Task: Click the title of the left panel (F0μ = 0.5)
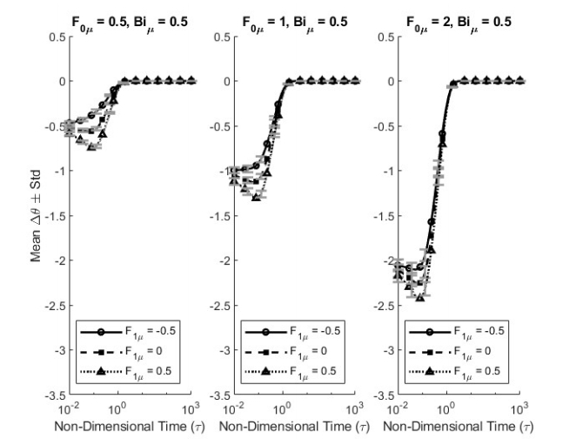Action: (130, 24)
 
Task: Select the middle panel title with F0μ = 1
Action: (295, 24)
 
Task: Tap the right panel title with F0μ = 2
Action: (459, 24)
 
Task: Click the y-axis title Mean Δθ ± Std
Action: (36, 216)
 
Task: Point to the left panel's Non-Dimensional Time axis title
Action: (130, 426)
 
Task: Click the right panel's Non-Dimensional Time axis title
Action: (459, 426)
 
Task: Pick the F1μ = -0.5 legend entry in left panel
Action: (128, 332)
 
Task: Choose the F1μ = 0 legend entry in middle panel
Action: (286, 352)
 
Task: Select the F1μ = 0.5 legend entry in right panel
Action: (455, 372)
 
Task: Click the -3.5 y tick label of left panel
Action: (56, 395)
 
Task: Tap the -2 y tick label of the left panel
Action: (61, 260)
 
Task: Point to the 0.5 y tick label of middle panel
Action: (222, 37)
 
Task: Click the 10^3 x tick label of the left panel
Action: (192, 409)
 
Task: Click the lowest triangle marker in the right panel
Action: (420, 298)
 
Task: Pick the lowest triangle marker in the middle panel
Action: (256, 198)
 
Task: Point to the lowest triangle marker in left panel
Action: (92, 147)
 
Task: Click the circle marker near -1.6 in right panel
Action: (432, 222)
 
